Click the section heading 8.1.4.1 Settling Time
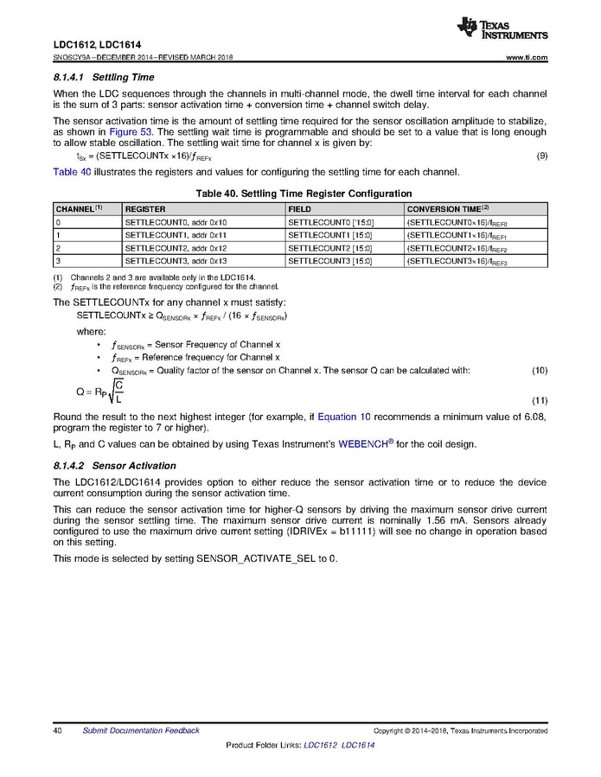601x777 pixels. [x=104, y=78]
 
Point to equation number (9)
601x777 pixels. [x=541, y=156]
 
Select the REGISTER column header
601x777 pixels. [x=145, y=209]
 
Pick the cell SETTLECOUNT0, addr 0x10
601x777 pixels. [x=176, y=222]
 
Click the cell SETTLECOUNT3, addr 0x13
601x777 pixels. [x=176, y=260]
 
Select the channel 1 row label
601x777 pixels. [x=58, y=235]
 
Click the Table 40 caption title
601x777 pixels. [x=300, y=194]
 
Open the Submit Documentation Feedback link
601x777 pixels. [x=140, y=730]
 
